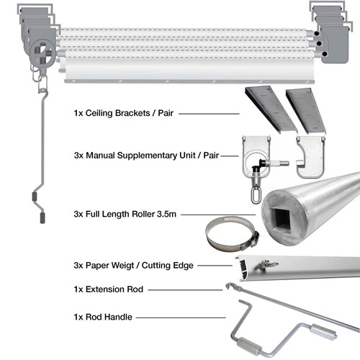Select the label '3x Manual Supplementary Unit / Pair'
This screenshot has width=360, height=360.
pos(146,155)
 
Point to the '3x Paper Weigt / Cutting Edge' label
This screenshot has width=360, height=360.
pos(133,265)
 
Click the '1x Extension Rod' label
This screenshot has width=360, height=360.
pos(107,289)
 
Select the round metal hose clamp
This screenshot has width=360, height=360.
pos(228,234)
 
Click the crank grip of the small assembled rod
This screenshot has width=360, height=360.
pos(37,196)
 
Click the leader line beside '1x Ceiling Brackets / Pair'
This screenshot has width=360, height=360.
pos(209,114)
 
